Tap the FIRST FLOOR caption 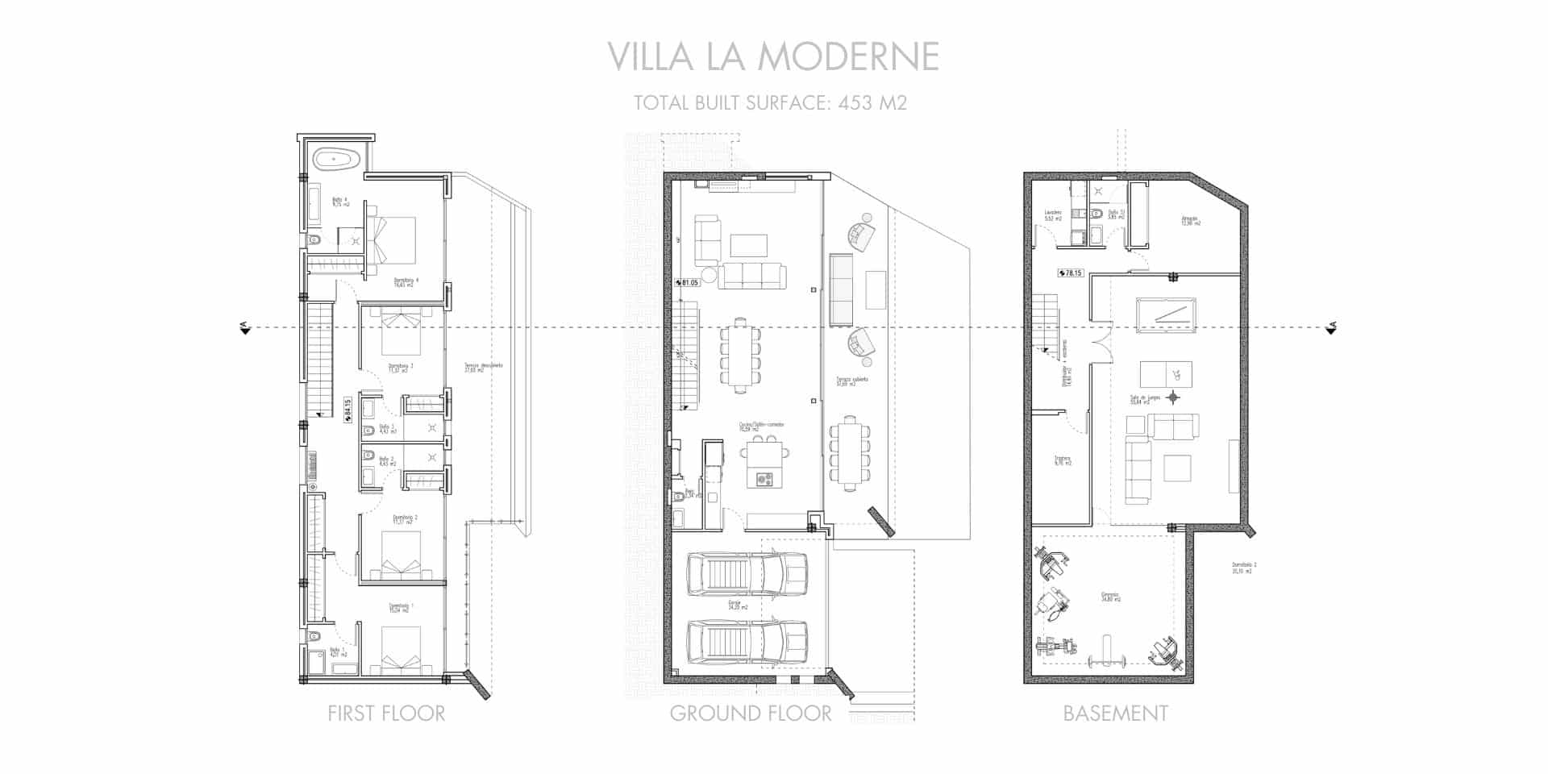coord(386,714)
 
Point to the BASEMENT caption coord(1115,714)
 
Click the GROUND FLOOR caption coord(751,714)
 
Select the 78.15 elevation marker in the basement coord(1070,273)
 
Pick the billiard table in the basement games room coord(1166,315)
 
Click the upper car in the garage coord(747,574)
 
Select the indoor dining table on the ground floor coord(740,356)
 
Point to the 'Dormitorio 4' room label coord(406,281)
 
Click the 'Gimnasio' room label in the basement coord(1111,597)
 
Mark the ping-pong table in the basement coord(1166,373)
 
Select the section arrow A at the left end coord(243,327)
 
